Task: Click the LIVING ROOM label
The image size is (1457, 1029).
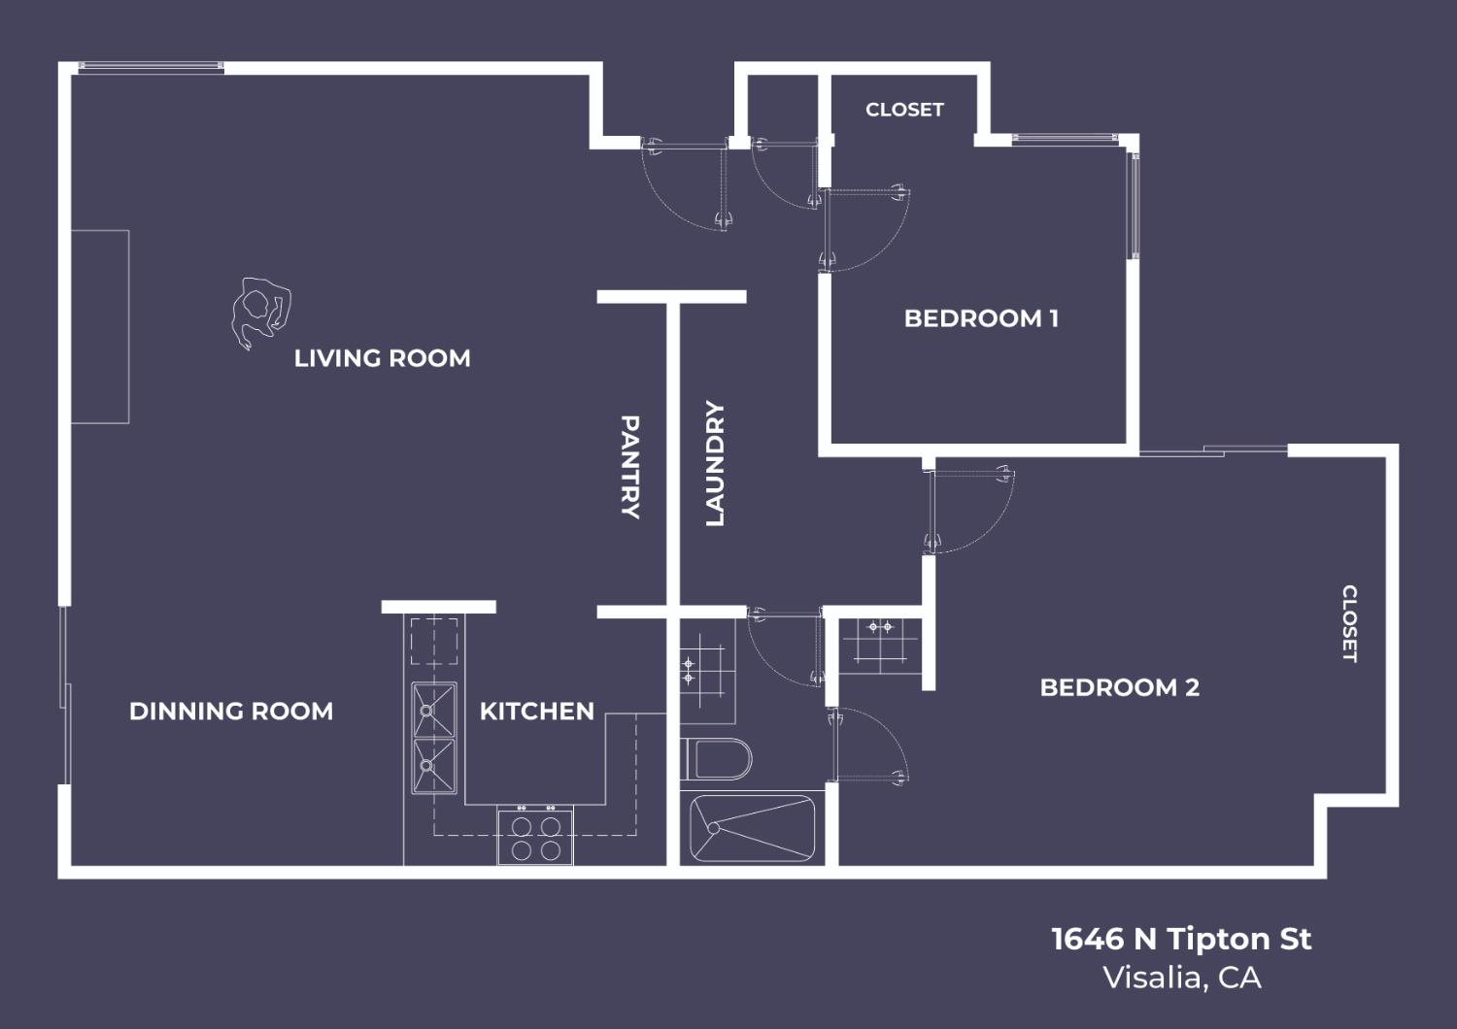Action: (382, 358)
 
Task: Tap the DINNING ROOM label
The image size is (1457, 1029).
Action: (231, 712)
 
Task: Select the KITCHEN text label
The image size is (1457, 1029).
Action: (536, 712)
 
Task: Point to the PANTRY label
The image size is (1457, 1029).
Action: (630, 467)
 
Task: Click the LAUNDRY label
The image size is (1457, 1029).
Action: (715, 464)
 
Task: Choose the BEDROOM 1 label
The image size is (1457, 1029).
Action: (981, 318)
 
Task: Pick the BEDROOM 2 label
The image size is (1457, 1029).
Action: (1119, 687)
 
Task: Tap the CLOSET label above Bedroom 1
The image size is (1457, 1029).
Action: (904, 110)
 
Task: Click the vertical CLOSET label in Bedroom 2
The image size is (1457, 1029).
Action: (1349, 623)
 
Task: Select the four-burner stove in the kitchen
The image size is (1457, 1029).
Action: (535, 837)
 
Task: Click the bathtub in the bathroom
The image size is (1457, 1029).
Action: (753, 828)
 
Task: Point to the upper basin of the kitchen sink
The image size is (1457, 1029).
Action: (434, 710)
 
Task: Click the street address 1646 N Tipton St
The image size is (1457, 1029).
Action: (1181, 939)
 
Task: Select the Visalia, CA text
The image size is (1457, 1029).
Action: (1181, 978)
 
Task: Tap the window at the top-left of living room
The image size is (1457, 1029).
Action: (151, 67)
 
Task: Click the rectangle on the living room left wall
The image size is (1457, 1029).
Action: (100, 327)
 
